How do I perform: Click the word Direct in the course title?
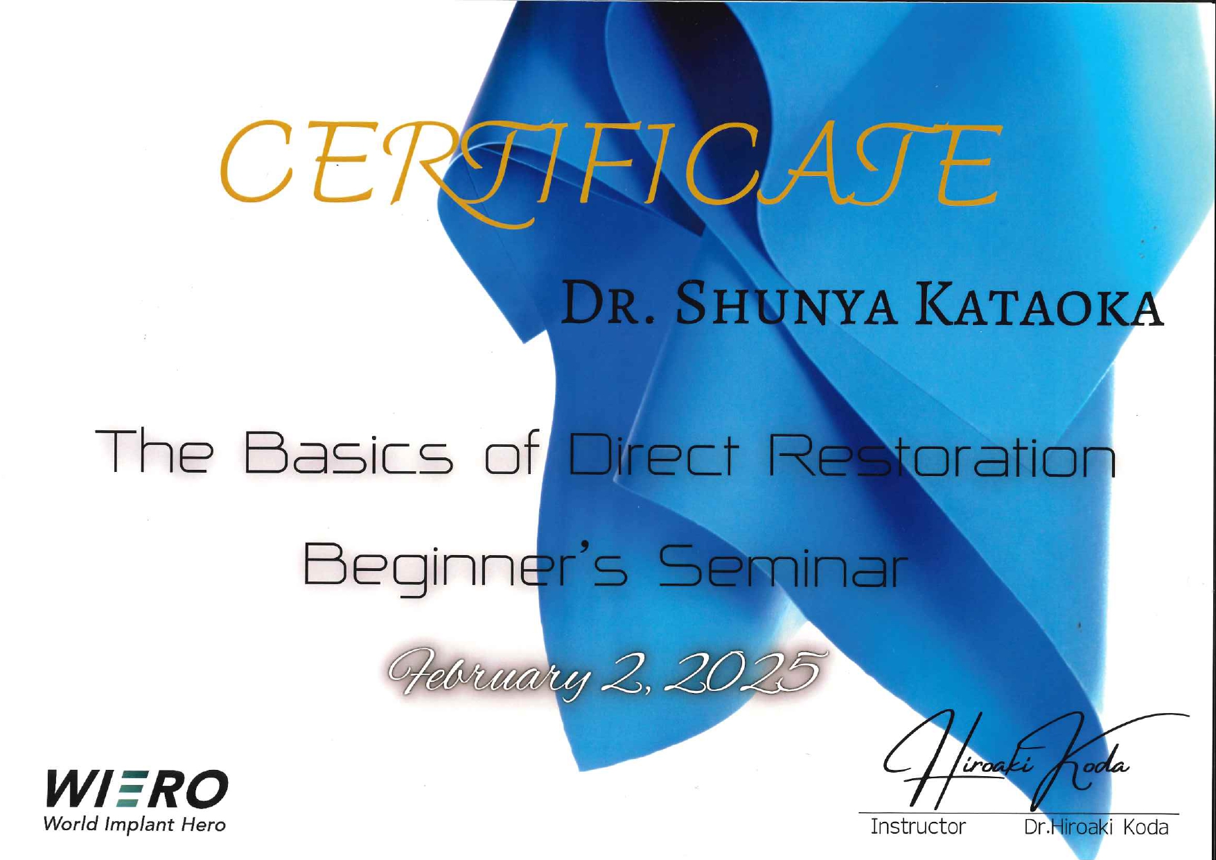click(x=651, y=453)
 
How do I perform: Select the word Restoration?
click(x=942, y=453)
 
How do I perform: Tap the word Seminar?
click(x=783, y=565)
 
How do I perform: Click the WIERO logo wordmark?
click(x=136, y=789)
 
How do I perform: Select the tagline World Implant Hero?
click(x=134, y=825)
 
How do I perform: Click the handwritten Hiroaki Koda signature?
click(x=1032, y=762)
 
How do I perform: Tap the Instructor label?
click(x=918, y=827)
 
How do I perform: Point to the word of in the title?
click(x=511, y=453)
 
